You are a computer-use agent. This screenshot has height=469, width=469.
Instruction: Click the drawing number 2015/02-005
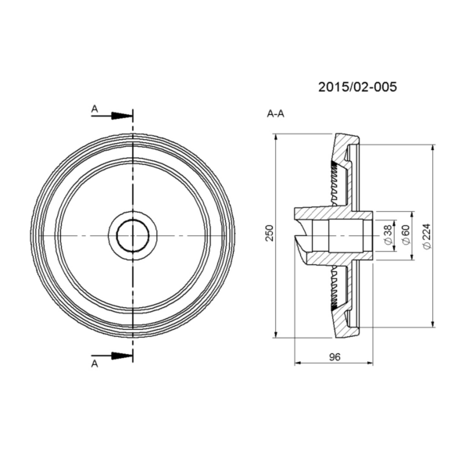[x=357, y=87]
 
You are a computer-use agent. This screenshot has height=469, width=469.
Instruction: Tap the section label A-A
[x=275, y=114]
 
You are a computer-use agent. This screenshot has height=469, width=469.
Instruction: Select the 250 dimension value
[x=270, y=233]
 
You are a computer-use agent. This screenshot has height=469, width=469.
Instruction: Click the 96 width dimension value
[x=335, y=357]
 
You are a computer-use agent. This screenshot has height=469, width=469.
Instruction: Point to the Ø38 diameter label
[x=388, y=235]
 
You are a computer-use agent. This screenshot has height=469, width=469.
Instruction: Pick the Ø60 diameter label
[x=406, y=235]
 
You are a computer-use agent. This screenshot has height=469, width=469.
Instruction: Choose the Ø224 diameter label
[x=427, y=236]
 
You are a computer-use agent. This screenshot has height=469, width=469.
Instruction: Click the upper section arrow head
[x=122, y=116]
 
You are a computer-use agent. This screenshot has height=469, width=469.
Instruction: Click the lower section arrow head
[x=122, y=356]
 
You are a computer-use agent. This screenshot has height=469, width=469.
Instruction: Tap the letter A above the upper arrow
[x=95, y=109]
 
